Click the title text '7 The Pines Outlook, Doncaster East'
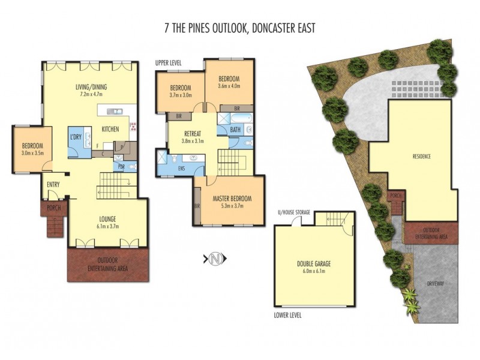coord(239,28)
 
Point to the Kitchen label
coord(110,130)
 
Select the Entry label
coord(52,184)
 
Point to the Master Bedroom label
coord(232,199)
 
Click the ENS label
coord(181,169)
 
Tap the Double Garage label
coord(314,263)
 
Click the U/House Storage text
coord(293,213)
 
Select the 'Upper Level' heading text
coord(169,62)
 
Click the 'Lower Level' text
coord(287,315)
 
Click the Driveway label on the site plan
coord(436,282)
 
